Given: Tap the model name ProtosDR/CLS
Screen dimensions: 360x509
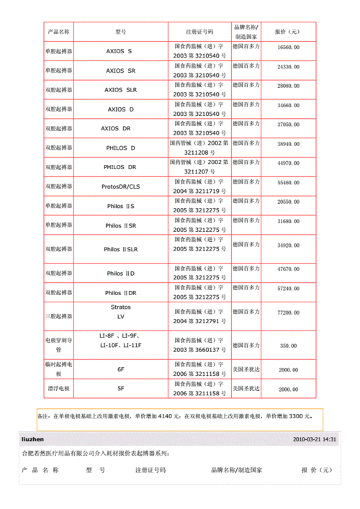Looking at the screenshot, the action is [121, 186].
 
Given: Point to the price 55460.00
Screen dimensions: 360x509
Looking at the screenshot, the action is [287, 184].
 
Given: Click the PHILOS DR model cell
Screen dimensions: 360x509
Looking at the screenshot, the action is [121, 166].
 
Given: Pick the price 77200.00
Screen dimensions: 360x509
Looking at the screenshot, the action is [287, 312].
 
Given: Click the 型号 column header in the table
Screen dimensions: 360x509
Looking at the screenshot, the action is [121, 32].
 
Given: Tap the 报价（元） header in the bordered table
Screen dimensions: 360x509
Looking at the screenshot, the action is [287, 32].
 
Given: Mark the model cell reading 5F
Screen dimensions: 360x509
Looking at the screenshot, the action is [121, 389].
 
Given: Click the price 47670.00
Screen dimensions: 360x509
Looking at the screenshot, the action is [287, 268].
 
